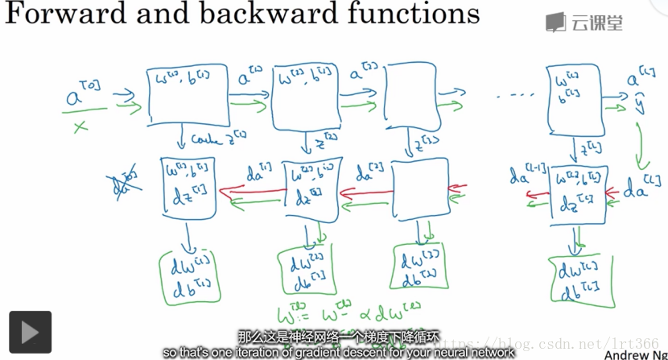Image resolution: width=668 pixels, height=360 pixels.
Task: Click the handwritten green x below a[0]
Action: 79,126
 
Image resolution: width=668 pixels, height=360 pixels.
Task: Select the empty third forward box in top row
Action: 410,96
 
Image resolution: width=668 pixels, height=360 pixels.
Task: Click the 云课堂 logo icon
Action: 555,23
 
